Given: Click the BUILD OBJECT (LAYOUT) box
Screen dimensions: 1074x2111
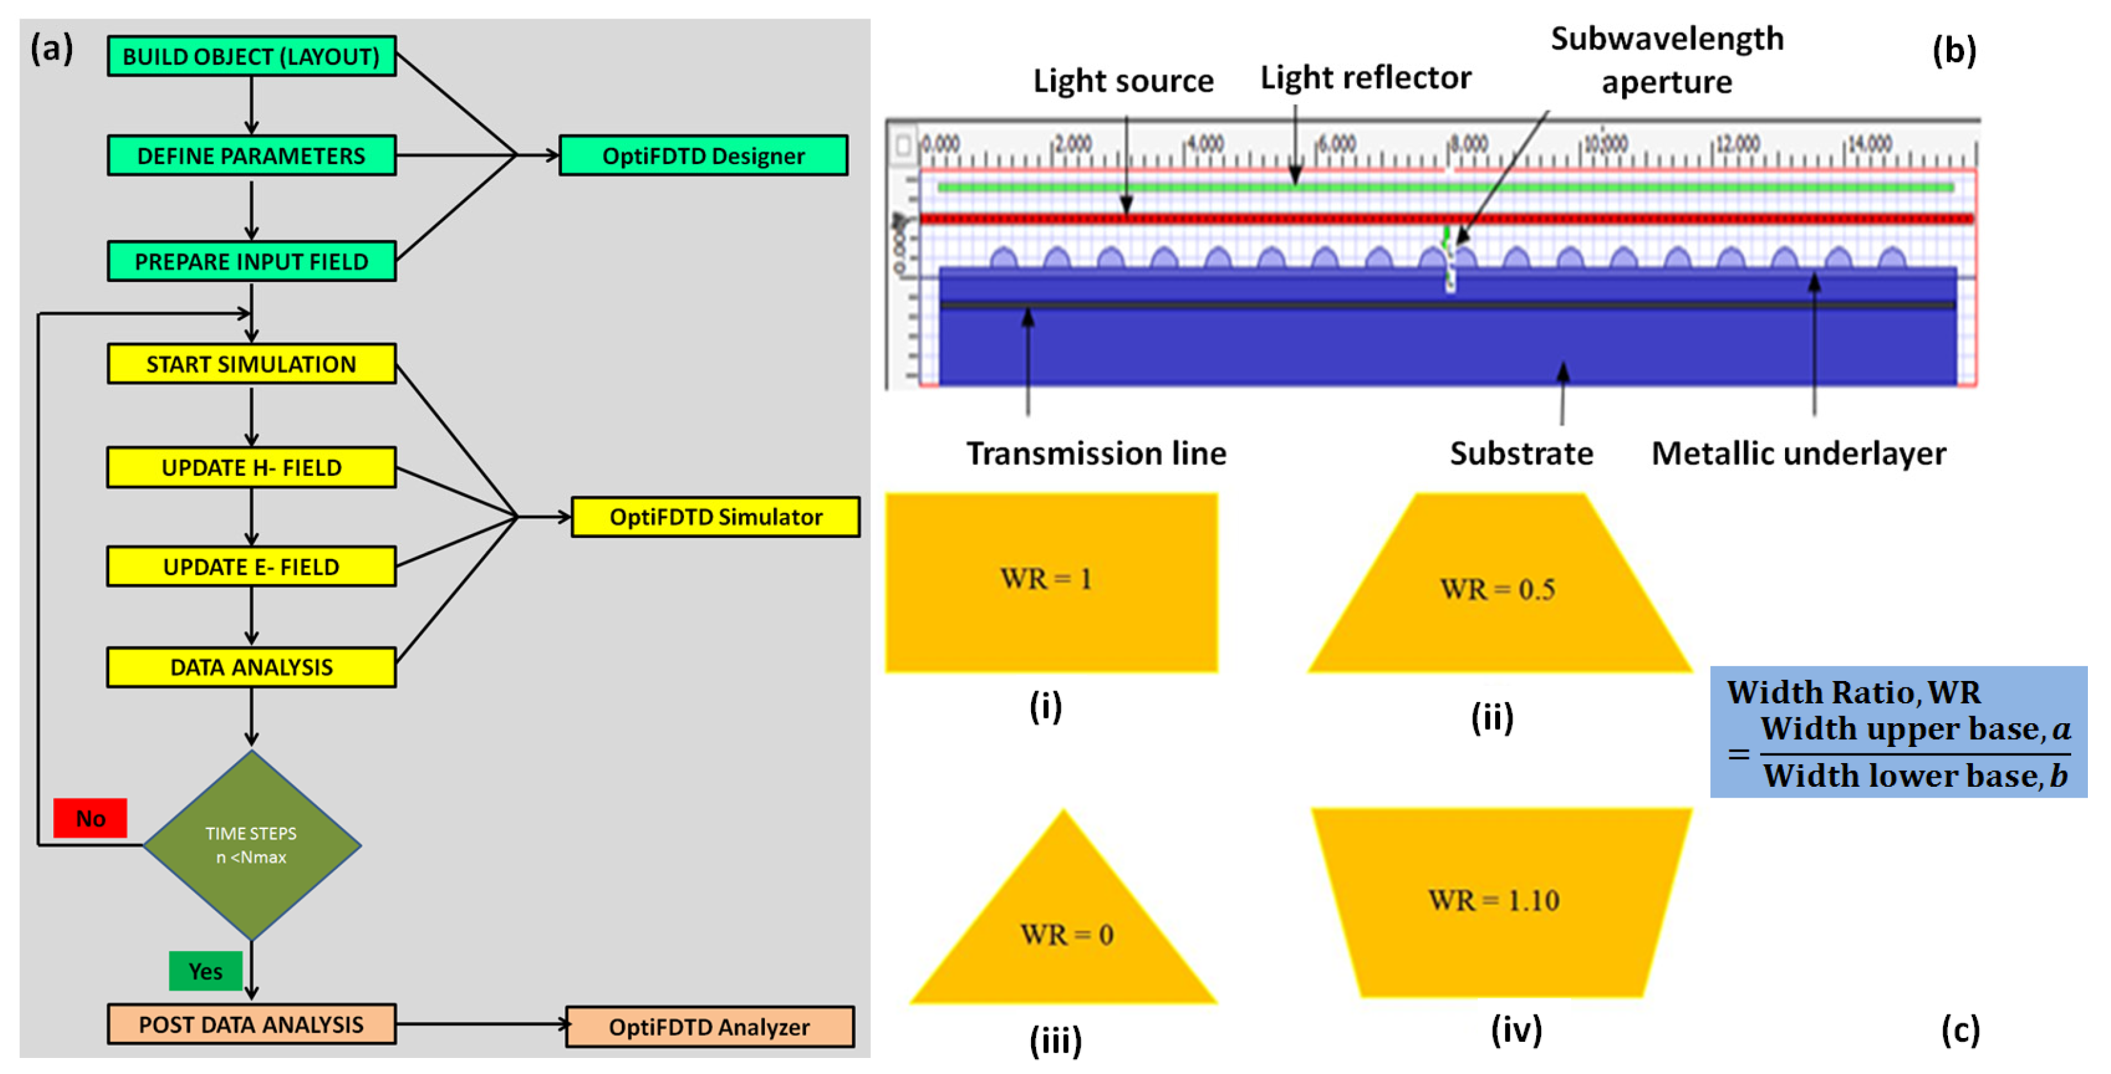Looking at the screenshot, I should pyautogui.click(x=251, y=56).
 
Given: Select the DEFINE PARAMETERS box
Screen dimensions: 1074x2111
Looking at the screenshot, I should pyautogui.click(x=251, y=156).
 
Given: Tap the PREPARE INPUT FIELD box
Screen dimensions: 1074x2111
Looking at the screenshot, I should pyautogui.click(x=251, y=262).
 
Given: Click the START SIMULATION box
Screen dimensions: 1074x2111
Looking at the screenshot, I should pyautogui.click(x=251, y=364).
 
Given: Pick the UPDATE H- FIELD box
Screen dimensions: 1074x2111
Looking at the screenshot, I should pyautogui.click(x=251, y=467).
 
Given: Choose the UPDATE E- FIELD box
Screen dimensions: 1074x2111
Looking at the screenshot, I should pyautogui.click(x=251, y=566).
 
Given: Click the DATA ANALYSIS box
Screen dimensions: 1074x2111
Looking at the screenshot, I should pyautogui.click(x=251, y=667).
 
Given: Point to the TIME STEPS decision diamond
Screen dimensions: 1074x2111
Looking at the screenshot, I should pyautogui.click(x=252, y=844).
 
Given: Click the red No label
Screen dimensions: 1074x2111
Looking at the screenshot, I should pyautogui.click(x=90, y=818).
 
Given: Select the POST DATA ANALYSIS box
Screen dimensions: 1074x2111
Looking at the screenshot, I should pyautogui.click(x=251, y=1024).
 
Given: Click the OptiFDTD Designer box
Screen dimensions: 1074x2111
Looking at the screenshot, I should pyautogui.click(x=703, y=156).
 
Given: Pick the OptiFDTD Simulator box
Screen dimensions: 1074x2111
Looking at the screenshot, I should pyautogui.click(x=715, y=517).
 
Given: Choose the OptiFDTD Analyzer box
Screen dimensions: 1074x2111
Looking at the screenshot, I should pyautogui.click(x=709, y=1027).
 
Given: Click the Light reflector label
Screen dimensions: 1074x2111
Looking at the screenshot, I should pyautogui.click(x=1365, y=78).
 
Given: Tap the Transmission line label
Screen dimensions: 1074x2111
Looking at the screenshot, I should pyautogui.click(x=1096, y=453).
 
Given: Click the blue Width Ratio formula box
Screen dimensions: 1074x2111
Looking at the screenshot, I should pyautogui.click(x=1898, y=732).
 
